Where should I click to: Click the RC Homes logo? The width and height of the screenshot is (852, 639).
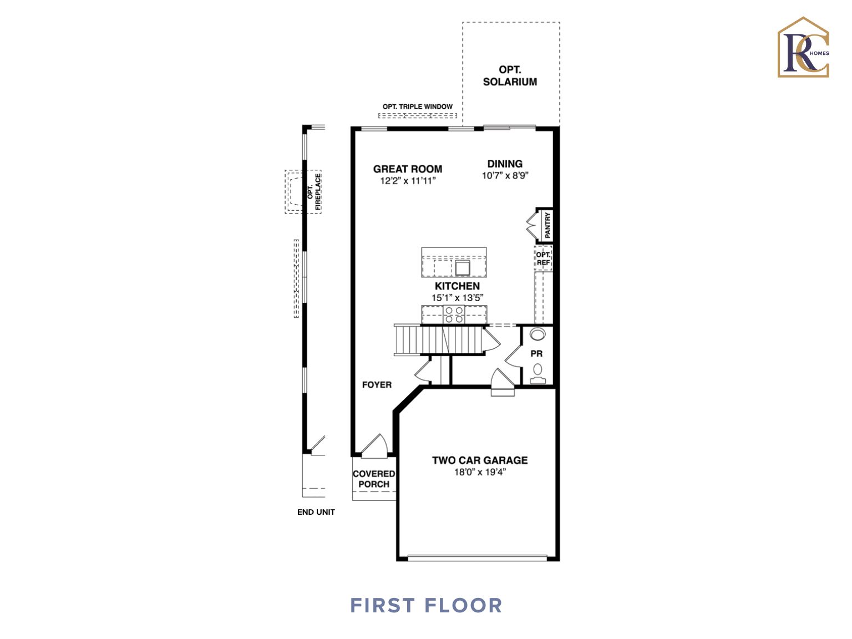(x=803, y=48)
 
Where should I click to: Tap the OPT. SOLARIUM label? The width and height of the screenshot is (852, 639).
(x=510, y=76)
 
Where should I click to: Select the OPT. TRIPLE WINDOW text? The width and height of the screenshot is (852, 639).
(x=417, y=106)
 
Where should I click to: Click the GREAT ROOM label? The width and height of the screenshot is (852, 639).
(x=408, y=169)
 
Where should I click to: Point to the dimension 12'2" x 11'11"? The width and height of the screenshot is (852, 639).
(x=408, y=181)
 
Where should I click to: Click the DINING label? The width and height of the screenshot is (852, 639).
(x=505, y=164)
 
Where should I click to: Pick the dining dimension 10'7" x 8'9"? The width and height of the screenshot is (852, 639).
(x=505, y=176)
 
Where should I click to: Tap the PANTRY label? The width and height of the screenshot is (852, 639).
(x=547, y=225)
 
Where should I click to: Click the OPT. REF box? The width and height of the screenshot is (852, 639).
(x=543, y=258)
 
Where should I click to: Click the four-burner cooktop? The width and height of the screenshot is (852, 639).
(x=454, y=315)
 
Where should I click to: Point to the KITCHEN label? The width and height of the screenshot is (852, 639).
(x=457, y=286)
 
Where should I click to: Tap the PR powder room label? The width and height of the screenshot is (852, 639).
(x=536, y=354)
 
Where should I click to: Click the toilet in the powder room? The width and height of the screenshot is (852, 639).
(x=537, y=373)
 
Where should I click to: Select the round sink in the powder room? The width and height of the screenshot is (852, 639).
(x=537, y=334)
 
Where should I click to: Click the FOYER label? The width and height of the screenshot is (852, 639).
(x=377, y=385)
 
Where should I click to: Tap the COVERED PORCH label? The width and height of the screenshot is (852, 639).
(x=374, y=479)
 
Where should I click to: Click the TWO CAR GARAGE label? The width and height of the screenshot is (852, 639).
(x=480, y=460)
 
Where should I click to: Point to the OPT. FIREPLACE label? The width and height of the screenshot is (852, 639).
(x=314, y=192)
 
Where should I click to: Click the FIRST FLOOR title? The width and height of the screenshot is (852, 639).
(x=426, y=605)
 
